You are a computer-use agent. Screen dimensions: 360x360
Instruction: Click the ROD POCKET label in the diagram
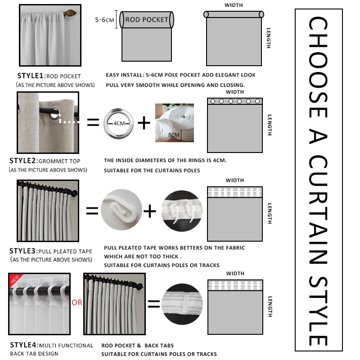(x=147, y=19)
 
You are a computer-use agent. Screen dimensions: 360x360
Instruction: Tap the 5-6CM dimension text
(x=105, y=20)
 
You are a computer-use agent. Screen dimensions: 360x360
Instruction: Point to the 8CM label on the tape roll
(x=174, y=134)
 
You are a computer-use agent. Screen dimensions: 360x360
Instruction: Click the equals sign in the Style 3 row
(x=92, y=210)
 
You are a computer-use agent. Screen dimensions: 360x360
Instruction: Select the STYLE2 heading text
(x=24, y=161)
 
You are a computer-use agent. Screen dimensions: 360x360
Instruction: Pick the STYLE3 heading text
(x=24, y=251)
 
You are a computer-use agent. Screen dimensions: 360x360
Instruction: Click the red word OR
(x=77, y=302)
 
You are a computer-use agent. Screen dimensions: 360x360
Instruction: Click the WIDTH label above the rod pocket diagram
(x=233, y=5)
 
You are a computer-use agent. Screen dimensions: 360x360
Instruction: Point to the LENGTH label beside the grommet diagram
(x=269, y=124)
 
